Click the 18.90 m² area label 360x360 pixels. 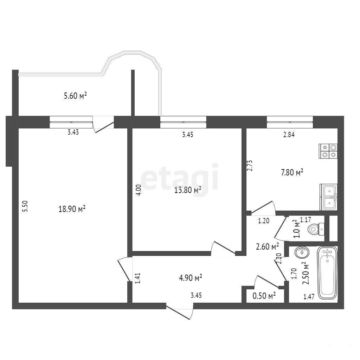point(72,209)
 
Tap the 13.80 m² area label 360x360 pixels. point(188,190)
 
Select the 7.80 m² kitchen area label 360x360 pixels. point(292,172)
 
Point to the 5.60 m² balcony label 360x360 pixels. point(75,96)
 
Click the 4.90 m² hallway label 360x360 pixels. point(190,278)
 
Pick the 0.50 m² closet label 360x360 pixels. point(264,296)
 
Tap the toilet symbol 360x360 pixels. point(316,229)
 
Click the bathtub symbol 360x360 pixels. point(327,273)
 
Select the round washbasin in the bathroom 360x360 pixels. point(302,253)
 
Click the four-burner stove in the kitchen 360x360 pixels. point(328,151)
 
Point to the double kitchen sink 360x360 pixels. point(329,197)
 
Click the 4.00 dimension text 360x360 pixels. point(139,190)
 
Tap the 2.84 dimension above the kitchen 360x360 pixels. point(289,135)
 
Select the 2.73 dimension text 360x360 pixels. point(250,166)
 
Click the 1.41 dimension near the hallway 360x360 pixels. point(137,278)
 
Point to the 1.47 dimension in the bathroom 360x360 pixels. point(309,297)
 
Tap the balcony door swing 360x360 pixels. point(103,125)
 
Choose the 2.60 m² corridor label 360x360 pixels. point(268,246)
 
